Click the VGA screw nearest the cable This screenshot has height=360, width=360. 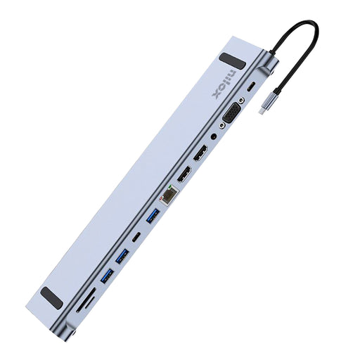coord(242,103)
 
